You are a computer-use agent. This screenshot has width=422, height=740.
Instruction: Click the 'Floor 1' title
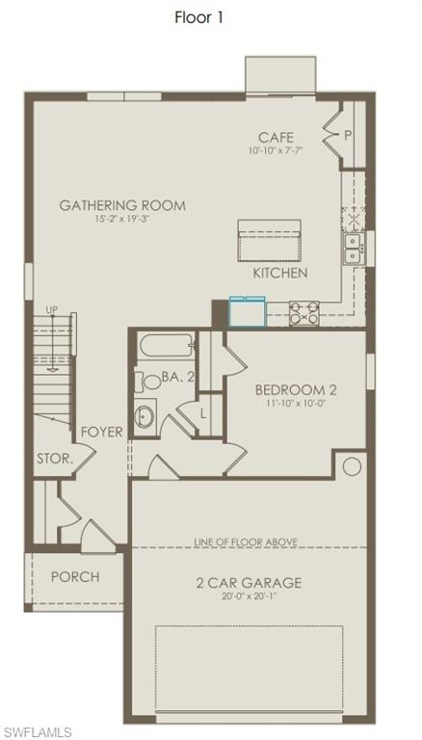[199, 16]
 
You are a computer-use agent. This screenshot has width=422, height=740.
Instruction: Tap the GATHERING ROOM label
[122, 205]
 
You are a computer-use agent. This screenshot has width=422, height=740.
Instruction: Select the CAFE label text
[276, 138]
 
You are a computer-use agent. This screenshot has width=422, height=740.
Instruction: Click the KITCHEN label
[280, 273]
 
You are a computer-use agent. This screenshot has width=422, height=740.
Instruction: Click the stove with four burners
[306, 312]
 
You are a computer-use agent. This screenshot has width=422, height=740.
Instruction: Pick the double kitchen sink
[354, 248]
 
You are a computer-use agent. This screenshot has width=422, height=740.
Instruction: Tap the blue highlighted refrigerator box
[245, 311]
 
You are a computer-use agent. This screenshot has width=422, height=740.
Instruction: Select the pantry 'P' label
[346, 136]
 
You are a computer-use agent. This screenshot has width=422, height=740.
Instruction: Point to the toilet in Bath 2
[149, 382]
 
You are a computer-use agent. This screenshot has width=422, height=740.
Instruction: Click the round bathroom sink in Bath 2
[144, 417]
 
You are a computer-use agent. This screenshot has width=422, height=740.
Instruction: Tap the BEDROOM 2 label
[296, 389]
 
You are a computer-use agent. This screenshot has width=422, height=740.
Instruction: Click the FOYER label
[101, 432]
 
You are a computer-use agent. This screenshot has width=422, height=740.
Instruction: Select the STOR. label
[55, 459]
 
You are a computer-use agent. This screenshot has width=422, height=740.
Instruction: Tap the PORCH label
[75, 576]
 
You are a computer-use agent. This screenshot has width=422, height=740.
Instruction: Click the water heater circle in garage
[352, 466]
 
